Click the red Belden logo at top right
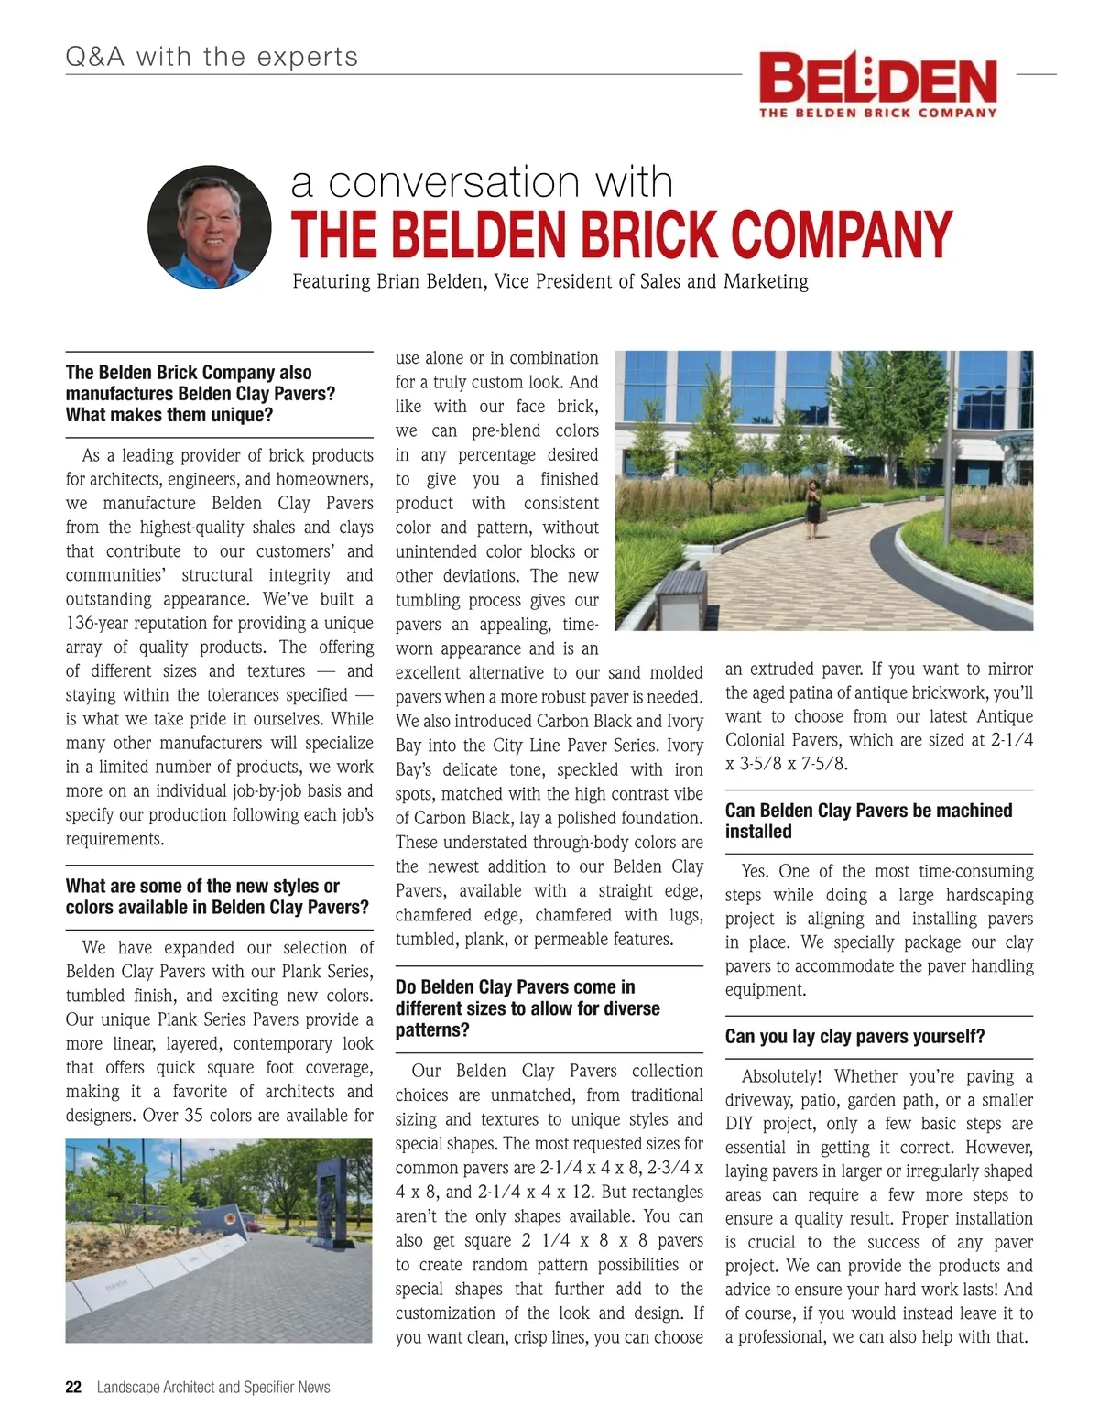tap(877, 78)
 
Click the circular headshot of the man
tap(210, 226)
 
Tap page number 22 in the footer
tap(73, 1387)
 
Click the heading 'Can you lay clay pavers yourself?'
tap(854, 1037)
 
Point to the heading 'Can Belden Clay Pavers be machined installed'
tap(868, 821)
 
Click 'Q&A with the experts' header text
tap(212, 58)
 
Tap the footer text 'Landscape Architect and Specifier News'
tap(213, 1387)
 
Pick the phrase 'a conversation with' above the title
tap(482, 181)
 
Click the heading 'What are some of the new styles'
tap(202, 887)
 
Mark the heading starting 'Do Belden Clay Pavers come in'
tap(515, 987)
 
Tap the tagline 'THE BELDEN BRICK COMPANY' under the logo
tap(876, 113)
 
